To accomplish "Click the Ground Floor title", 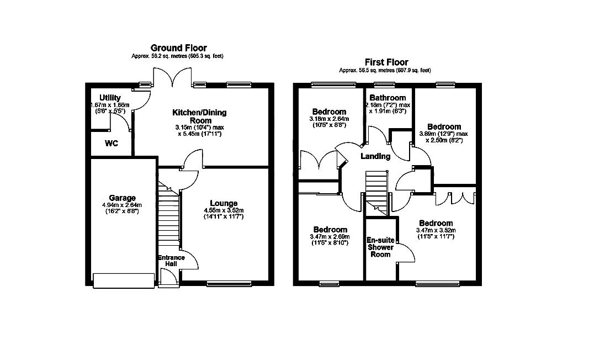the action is pyautogui.click(x=178, y=48).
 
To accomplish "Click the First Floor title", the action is pyautogui.click(x=386, y=62).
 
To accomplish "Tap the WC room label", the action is pyautogui.click(x=112, y=144).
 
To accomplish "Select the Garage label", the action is pyautogui.click(x=122, y=198).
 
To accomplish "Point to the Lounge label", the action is pyautogui.click(x=224, y=204).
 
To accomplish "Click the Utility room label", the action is pyautogui.click(x=110, y=98).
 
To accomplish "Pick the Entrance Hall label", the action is pyautogui.click(x=171, y=261).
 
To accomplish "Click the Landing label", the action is pyautogui.click(x=375, y=156).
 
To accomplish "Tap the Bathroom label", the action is pyautogui.click(x=388, y=98).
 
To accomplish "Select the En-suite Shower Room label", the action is pyautogui.click(x=380, y=247).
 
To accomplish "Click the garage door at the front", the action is pyautogui.click(x=124, y=280).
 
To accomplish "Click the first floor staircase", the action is pyautogui.click(x=376, y=193).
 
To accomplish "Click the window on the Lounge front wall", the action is pyautogui.click(x=229, y=284).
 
